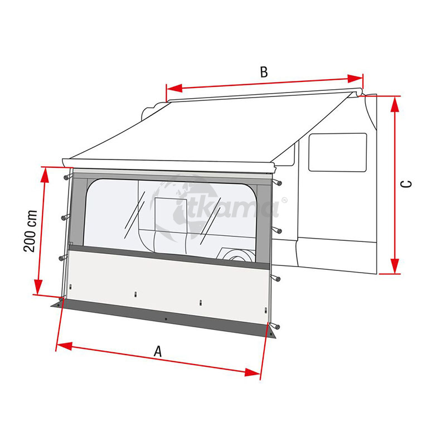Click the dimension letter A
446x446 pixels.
[x=158, y=351]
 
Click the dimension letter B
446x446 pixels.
[x=264, y=72]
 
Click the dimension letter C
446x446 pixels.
[x=406, y=184]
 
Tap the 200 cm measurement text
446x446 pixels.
[x=31, y=231]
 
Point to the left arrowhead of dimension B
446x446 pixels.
[x=174, y=88]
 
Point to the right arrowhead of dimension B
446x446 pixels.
[x=355, y=79]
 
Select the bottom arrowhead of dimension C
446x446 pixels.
[x=395, y=266]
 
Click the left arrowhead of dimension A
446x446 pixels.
[x=64, y=346]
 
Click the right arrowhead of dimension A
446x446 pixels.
[x=253, y=372]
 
